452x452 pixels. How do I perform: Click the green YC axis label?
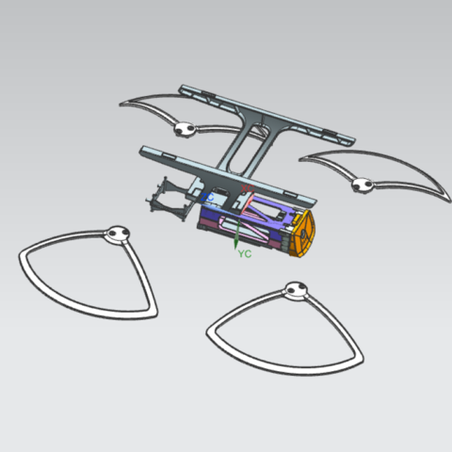coord(245,254)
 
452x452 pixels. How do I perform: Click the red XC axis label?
coord(247,190)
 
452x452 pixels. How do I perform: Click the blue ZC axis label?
coord(206,198)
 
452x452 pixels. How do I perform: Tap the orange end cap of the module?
coord(303,234)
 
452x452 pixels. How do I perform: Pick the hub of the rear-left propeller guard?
coord(183,128)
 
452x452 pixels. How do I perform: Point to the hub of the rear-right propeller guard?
coord(361,186)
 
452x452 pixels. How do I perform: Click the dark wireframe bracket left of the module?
coord(166,200)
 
